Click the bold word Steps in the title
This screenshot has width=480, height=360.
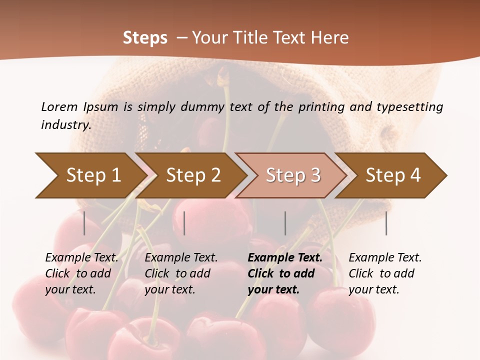[145, 38]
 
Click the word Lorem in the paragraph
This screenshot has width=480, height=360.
[59, 106]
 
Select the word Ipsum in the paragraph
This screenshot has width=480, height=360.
[101, 106]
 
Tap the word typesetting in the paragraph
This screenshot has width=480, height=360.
[409, 106]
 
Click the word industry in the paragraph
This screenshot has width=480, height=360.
[66, 124]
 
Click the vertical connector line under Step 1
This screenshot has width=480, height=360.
[84, 223]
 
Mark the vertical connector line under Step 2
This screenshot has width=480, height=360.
[184, 223]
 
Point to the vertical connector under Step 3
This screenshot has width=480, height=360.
[285, 223]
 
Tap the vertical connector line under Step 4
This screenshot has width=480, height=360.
[386, 223]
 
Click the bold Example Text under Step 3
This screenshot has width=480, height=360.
[285, 257]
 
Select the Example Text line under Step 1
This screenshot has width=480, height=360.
[81, 257]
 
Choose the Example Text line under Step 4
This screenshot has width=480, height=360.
[385, 257]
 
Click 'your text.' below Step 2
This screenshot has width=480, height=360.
[170, 289]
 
